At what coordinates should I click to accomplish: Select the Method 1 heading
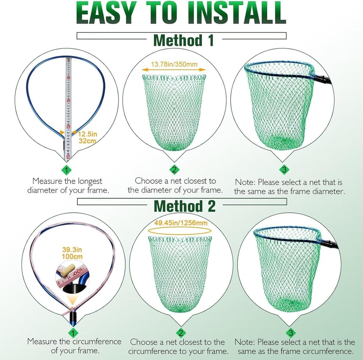pyautogui.click(x=184, y=41)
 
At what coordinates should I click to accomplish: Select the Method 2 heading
pyautogui.click(x=185, y=206)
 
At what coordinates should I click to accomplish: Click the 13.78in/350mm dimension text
pyautogui.click(x=174, y=64)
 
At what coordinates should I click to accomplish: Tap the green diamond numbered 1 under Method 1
pyautogui.click(x=66, y=170)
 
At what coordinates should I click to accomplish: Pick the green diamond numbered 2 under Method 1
pyautogui.click(x=174, y=170)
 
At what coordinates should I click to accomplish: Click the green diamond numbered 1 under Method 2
pyautogui.click(x=73, y=333)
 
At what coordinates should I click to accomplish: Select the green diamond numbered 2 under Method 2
pyautogui.click(x=180, y=333)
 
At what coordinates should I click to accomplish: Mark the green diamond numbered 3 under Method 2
pyautogui.click(x=291, y=333)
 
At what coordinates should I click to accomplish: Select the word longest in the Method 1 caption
pyautogui.click(x=89, y=181)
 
